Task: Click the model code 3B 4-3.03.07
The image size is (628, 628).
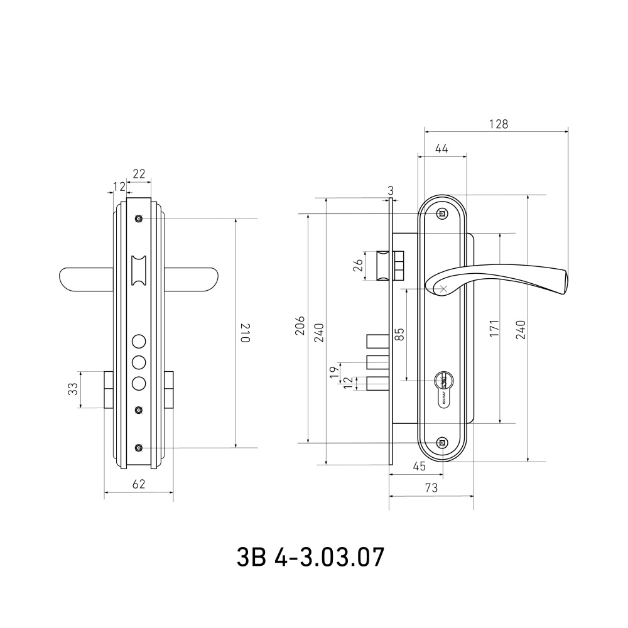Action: pyautogui.click(x=310, y=556)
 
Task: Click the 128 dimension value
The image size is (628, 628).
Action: pyautogui.click(x=498, y=124)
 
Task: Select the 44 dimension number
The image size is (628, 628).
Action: pyautogui.click(x=441, y=148)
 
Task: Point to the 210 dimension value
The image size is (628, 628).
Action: pyautogui.click(x=245, y=332)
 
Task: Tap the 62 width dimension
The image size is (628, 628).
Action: pyautogui.click(x=139, y=484)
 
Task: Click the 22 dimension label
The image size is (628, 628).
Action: pyautogui.click(x=139, y=173)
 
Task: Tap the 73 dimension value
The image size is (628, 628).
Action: pyautogui.click(x=431, y=487)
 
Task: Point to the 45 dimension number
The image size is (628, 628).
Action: pyautogui.click(x=420, y=467)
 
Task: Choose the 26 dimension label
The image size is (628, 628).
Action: pyautogui.click(x=358, y=264)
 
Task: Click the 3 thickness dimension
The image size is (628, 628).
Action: pyautogui.click(x=391, y=190)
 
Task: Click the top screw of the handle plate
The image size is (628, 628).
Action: pyautogui.click(x=443, y=214)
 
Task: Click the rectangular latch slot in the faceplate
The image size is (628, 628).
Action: pyautogui.click(x=139, y=270)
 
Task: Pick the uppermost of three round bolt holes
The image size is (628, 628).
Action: pyautogui.click(x=139, y=342)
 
